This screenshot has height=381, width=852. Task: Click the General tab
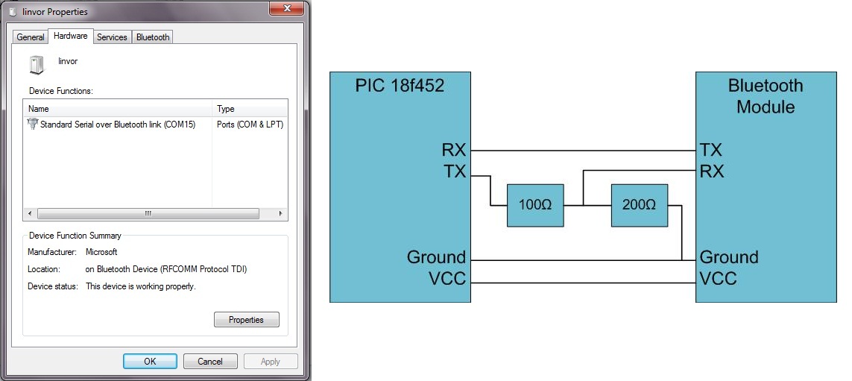coord(31,37)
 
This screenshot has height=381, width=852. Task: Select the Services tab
coord(112,37)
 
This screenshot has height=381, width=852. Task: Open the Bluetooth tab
coord(153,37)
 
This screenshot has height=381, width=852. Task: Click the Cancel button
coord(209,362)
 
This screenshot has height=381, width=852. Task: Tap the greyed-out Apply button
coord(271,362)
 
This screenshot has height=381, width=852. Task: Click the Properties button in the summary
coord(246,320)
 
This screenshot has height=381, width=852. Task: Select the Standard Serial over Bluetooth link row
coord(117,125)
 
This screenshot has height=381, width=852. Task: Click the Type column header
coord(225,109)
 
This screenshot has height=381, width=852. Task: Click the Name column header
coord(39,109)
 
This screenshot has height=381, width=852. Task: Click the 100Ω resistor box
coord(534,204)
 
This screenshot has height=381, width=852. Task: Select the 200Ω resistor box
coord(639,204)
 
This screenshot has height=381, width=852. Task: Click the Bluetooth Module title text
coord(766,96)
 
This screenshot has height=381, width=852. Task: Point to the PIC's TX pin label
coord(454,172)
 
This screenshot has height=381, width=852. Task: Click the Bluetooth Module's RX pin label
coord(712,171)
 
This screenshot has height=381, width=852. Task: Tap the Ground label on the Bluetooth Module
coord(728,258)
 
